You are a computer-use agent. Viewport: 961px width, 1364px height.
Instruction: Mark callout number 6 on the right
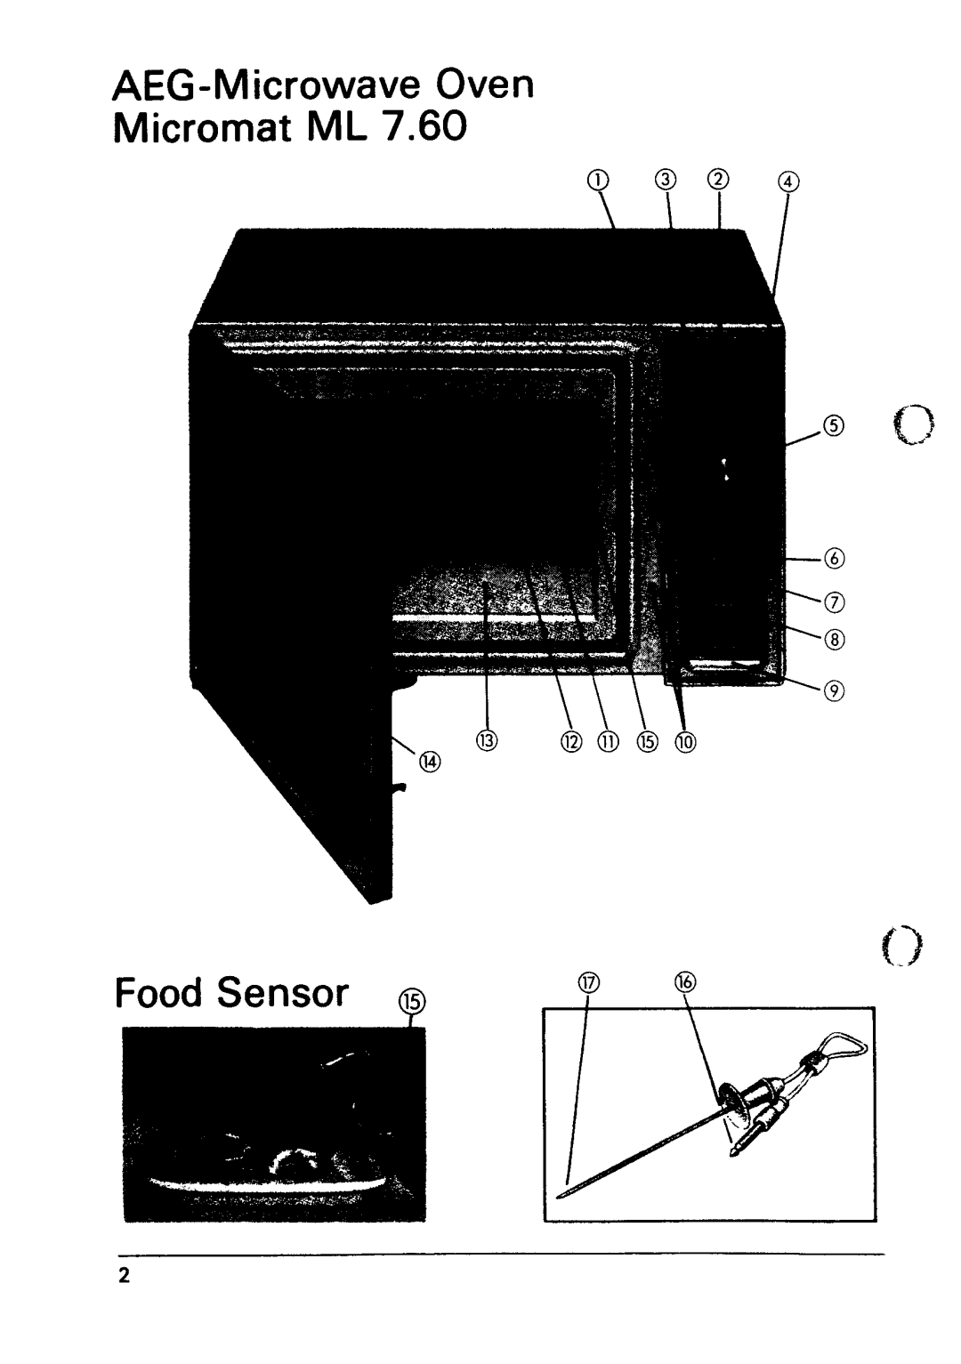point(833,559)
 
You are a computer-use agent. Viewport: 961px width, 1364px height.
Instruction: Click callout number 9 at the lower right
point(835,690)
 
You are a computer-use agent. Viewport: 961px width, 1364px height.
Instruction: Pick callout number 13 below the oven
point(487,740)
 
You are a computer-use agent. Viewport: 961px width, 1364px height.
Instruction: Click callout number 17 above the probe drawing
point(586,983)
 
